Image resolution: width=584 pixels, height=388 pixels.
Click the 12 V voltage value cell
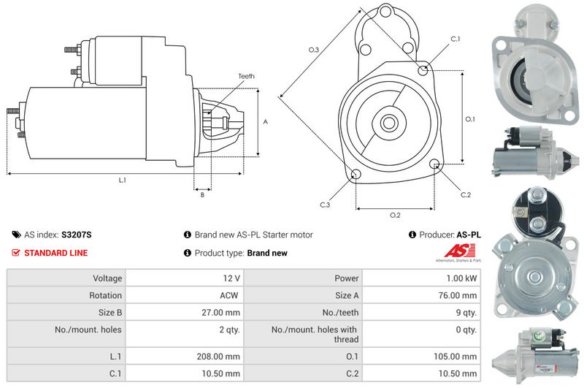tap(232, 278)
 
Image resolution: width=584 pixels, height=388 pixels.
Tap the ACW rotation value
tap(228, 296)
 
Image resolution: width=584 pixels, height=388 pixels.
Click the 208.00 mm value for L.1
tap(222, 356)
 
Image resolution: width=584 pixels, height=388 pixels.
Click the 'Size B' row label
tap(107, 313)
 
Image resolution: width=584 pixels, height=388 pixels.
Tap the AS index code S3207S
tap(77, 235)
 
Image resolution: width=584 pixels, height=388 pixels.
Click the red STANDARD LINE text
tap(56, 254)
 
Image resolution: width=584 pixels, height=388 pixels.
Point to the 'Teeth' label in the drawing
tap(246, 76)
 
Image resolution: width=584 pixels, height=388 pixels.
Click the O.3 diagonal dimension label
tap(314, 50)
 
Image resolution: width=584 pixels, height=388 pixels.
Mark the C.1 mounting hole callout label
tap(456, 39)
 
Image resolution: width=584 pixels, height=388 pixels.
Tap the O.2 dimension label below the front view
tap(395, 215)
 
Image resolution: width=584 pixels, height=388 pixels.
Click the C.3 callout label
tap(325, 205)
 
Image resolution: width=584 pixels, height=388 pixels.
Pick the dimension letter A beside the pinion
tap(265, 121)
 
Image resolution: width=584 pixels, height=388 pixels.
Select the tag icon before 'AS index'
tap(16, 235)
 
